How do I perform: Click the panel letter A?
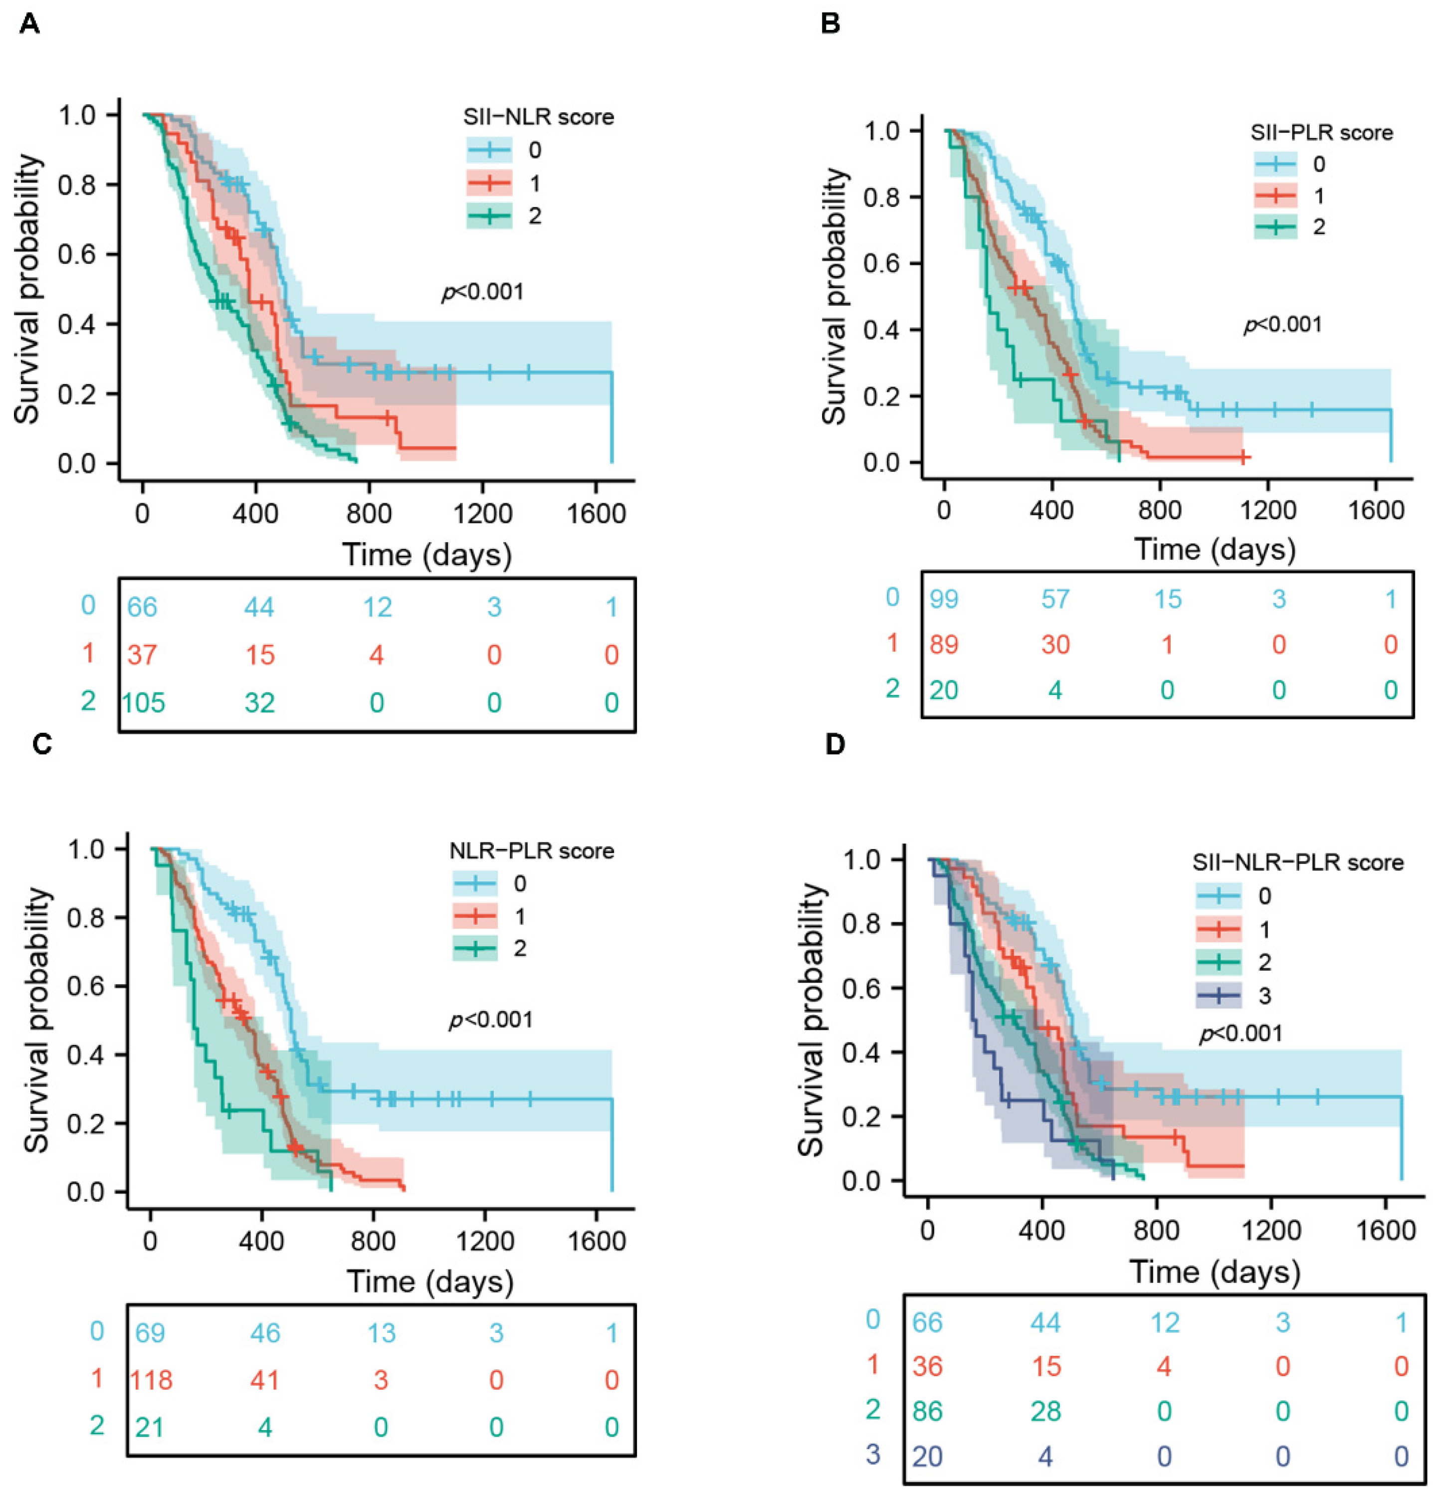coord(30,24)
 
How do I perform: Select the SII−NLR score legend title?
coord(539,117)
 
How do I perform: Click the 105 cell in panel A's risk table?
coord(144,702)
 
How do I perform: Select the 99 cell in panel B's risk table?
coord(944,599)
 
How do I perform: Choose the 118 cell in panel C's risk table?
coord(151,1379)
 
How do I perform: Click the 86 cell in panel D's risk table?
coord(928,1411)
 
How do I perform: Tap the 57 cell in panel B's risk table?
coord(1055,599)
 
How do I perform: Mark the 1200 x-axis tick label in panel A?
coord(481,513)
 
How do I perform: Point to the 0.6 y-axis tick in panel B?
coord(880,264)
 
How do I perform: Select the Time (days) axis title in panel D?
coord(1215,1273)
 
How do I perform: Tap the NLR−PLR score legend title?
coord(532,851)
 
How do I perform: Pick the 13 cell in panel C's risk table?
coord(382,1332)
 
